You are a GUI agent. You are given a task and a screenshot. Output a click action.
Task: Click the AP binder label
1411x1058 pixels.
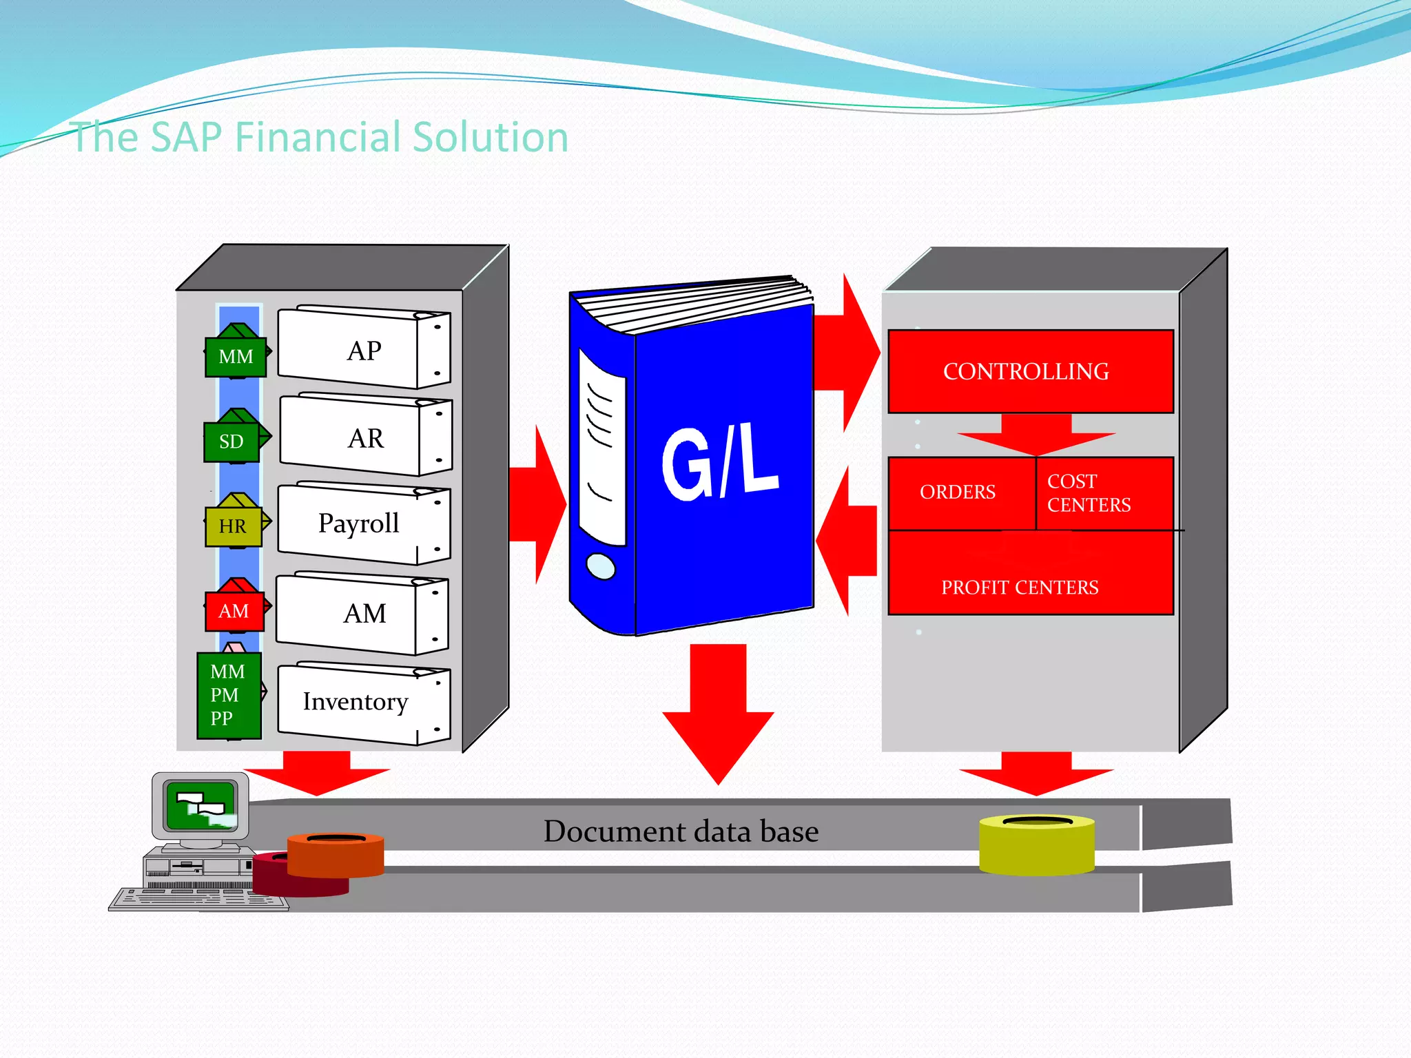(x=364, y=351)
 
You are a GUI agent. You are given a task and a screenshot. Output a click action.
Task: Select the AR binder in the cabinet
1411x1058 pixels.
(x=365, y=438)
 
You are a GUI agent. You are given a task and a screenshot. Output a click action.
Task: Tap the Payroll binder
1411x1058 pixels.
(x=359, y=523)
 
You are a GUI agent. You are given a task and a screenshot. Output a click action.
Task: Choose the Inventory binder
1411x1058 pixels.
(x=356, y=702)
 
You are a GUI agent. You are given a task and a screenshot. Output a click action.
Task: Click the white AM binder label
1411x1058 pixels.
(x=364, y=613)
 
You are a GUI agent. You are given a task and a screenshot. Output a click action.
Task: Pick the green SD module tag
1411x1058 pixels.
(x=232, y=442)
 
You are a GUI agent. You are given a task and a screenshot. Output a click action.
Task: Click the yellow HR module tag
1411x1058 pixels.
(x=233, y=526)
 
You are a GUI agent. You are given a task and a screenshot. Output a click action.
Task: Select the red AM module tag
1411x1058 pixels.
(x=234, y=611)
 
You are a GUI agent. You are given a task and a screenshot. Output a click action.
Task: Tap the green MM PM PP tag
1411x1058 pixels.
(x=229, y=695)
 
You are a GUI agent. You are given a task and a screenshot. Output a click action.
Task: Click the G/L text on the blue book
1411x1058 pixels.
(x=719, y=462)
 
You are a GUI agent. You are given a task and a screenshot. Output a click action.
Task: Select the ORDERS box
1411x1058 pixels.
(x=958, y=492)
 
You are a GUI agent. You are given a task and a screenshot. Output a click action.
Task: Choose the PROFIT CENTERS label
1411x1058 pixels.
(x=1020, y=588)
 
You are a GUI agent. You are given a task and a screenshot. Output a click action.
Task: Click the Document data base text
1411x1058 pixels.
(x=681, y=831)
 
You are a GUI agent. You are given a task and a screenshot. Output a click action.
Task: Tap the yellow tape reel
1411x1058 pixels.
(x=1036, y=846)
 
